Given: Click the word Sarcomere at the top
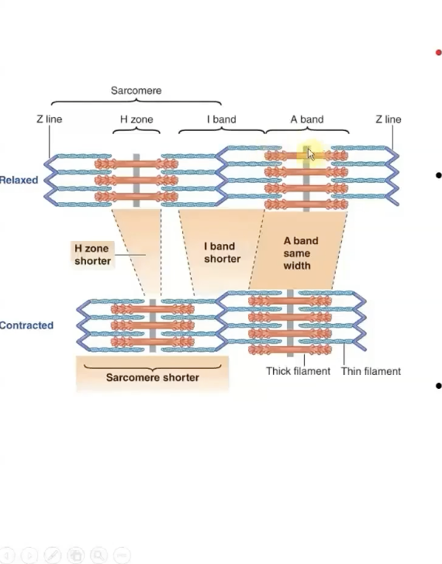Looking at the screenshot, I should point(136,91).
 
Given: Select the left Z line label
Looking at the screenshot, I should point(49,119).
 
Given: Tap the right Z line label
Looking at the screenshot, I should point(388,119).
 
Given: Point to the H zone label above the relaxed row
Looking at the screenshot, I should point(136,119).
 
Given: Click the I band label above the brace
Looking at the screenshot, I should point(221,119).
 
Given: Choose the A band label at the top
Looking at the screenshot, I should point(307,119).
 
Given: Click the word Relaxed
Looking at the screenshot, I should point(19,180).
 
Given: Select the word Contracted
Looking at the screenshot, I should point(26,325).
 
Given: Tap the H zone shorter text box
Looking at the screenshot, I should point(92,255).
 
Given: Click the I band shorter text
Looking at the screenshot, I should point(222,253).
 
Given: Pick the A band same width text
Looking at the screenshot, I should point(296,253).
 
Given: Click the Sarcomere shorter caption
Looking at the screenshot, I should point(152,377).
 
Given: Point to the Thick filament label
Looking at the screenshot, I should point(298,371).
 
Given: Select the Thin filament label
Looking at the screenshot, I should point(371,371).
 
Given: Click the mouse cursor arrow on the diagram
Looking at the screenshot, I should point(310,153).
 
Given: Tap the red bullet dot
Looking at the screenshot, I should point(438,53).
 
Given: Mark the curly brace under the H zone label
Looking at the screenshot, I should point(136,130).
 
